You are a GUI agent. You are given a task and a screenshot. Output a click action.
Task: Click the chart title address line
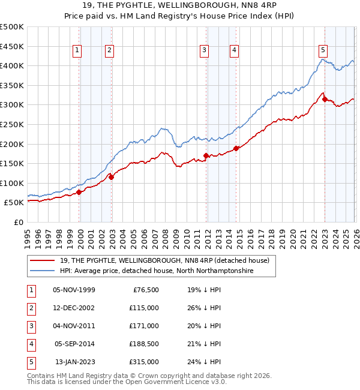click(x=180, y=6)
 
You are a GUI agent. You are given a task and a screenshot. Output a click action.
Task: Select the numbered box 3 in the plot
click(x=205, y=50)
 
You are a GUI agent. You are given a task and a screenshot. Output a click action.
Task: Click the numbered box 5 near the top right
click(x=323, y=50)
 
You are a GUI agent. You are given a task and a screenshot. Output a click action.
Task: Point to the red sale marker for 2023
click(x=325, y=100)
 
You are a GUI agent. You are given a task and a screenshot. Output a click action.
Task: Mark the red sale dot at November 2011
click(x=206, y=155)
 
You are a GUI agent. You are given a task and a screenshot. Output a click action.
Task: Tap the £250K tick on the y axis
click(x=12, y=124)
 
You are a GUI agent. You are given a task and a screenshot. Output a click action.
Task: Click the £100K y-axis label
click(x=12, y=183)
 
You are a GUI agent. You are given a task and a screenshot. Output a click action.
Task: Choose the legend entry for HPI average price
click(x=156, y=271)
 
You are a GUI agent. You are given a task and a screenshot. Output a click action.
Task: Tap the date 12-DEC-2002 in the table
click(x=74, y=308)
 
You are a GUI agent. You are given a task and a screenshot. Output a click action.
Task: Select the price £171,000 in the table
click(x=144, y=326)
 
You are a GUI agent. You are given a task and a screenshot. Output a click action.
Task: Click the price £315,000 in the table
click(x=144, y=362)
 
